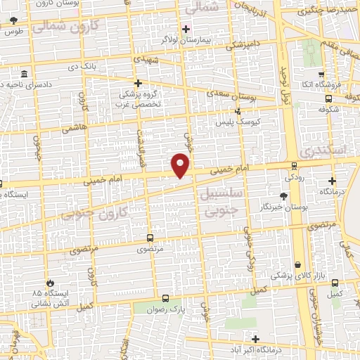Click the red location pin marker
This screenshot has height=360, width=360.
coord(181,165)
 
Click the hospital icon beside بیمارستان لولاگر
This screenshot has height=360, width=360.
coord(186,29)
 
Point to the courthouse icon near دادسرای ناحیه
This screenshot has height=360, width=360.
coord(25,75)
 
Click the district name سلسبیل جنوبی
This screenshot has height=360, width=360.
coord(221,200)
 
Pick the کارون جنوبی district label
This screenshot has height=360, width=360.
coord(98,213)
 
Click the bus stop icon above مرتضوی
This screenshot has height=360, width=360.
coord(149,238)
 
